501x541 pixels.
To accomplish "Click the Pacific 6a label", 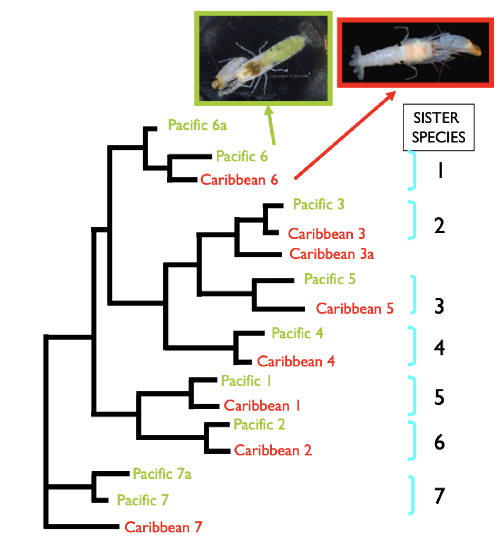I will pos(197,125).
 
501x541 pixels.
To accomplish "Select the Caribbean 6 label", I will pos(239,180).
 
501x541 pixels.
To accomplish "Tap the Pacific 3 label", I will pos(318,204).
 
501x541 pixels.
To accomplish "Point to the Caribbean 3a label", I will pos(332,254).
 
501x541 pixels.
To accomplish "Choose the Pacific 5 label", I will pos(330,279).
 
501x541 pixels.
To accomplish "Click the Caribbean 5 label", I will pos(354,309).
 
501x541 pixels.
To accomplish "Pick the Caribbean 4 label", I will pos(296,361).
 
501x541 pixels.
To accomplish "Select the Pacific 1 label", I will pos(246,381).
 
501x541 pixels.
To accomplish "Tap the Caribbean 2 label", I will pos(273,450).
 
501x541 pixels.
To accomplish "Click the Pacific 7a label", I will pos(162,474).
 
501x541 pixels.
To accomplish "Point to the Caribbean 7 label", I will pos(163,527).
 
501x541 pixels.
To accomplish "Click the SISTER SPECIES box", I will pos(438,127).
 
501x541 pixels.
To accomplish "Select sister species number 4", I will pos(439,348).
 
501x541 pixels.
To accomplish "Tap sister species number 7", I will pos(439,496).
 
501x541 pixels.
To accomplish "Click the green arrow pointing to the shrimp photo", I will pos(271,125).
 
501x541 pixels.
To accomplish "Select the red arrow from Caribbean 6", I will pos(344,135).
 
